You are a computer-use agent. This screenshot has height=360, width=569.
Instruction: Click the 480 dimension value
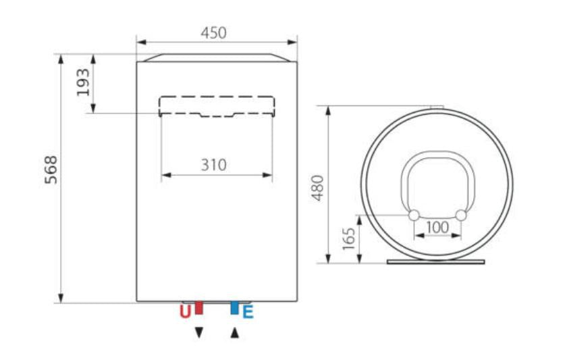[x=318, y=187]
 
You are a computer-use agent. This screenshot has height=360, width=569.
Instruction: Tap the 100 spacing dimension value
[x=437, y=228]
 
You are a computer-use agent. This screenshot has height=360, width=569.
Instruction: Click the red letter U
[x=184, y=312]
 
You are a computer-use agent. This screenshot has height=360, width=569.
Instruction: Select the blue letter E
[x=248, y=312]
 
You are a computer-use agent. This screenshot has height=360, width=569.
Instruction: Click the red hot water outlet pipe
[x=198, y=308]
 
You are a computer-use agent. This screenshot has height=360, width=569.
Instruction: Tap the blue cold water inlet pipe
[x=234, y=308]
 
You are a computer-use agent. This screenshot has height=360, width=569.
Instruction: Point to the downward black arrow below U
[x=198, y=333]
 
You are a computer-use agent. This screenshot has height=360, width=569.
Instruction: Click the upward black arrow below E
[x=234, y=333]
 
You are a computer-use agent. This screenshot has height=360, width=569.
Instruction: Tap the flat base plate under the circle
[x=436, y=261]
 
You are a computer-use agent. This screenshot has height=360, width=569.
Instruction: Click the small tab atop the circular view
[x=437, y=106]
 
